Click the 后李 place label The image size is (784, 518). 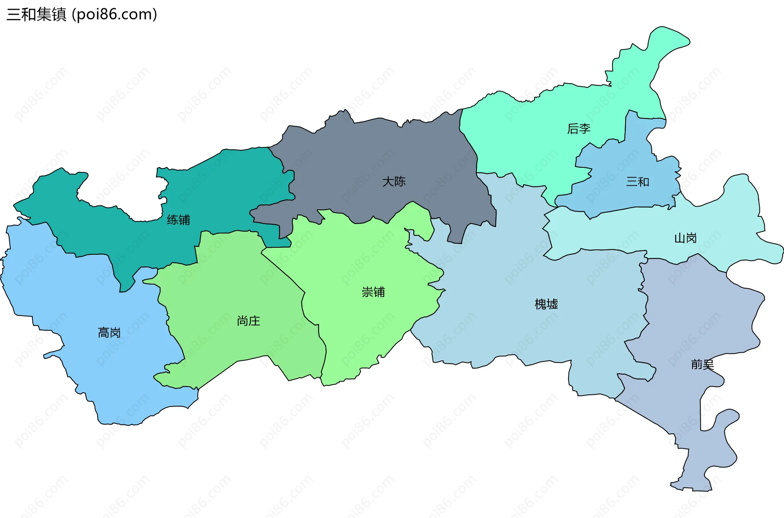coord(579,129)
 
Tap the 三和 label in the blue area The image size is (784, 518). coord(637,182)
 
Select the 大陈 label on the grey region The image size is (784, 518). coord(394,181)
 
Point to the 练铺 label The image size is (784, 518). coord(178,220)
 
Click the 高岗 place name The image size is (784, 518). coord(109,333)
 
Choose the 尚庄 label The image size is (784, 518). coord(248,321)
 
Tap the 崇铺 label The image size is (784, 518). coord(373,292)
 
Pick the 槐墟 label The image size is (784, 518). coord(546,304)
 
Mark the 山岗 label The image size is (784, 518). coord(685,238)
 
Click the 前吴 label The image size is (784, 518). coord(702,364)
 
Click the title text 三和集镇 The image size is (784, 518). coord(36,14)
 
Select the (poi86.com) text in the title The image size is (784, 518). coord(114,14)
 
